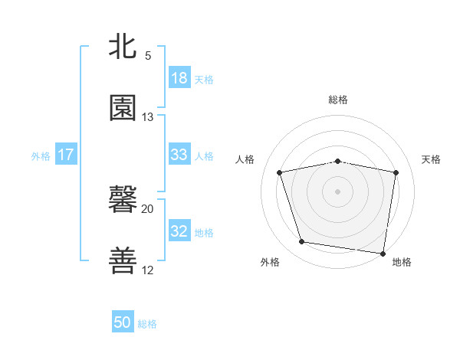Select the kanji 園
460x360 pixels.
[123, 108]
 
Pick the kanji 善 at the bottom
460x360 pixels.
[123, 260]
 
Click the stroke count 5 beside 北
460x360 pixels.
[148, 56]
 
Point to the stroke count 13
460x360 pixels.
[148, 117]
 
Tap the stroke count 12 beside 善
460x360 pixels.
[148, 270]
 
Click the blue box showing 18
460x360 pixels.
[179, 78]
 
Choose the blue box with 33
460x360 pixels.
[179, 155]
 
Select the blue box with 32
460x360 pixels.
[179, 231]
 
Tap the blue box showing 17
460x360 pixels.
[66, 155]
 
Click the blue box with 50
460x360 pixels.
[123, 322]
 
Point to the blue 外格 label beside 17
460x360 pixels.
[41, 155]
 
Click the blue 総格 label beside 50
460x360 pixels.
[147, 324]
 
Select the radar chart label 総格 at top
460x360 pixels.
[338, 100]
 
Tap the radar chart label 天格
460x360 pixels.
[432, 159]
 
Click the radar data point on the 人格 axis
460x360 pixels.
[281, 172]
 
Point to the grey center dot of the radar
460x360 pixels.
[338, 191]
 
